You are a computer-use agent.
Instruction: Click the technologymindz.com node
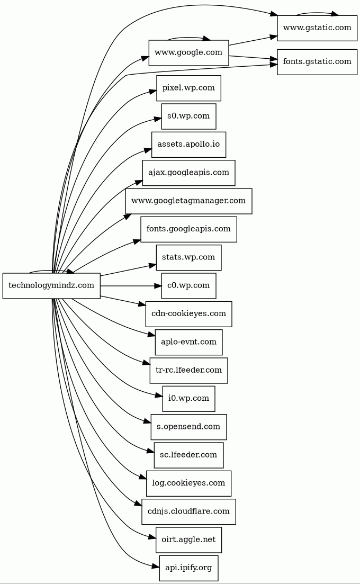click(51, 286)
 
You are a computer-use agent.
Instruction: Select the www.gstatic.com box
click(317, 28)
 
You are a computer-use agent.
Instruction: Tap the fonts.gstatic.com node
click(317, 61)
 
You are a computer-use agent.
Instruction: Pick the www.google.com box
click(188, 52)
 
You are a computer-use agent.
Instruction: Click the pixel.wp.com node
click(188, 88)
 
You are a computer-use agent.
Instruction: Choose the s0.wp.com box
click(188, 116)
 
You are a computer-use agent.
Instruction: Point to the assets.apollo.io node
click(188, 145)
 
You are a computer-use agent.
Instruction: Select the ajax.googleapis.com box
click(188, 173)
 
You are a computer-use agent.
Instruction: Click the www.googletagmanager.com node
click(188, 201)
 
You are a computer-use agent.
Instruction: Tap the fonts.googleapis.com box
click(188, 229)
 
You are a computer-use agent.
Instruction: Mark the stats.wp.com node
click(188, 257)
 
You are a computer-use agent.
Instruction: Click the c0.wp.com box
click(188, 286)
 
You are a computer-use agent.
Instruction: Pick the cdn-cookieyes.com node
click(188, 314)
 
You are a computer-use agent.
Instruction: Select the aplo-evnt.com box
click(188, 342)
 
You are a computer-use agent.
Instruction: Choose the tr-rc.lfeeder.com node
click(188, 370)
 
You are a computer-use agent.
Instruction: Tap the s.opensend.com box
click(188, 427)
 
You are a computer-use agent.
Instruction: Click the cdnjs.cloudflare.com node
click(188, 511)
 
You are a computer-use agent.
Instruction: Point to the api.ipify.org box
click(188, 568)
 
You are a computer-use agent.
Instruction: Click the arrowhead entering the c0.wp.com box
click(157, 286)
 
